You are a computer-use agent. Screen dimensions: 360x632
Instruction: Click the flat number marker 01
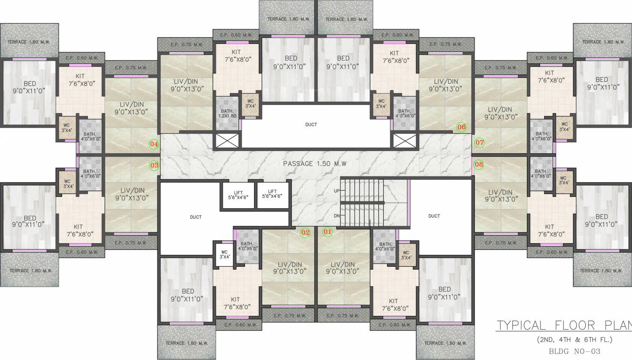tap(327, 232)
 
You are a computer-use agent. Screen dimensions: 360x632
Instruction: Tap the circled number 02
tap(305, 232)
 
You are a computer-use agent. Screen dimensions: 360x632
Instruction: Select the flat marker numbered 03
tap(154, 166)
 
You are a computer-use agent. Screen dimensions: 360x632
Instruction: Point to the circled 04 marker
tap(154, 143)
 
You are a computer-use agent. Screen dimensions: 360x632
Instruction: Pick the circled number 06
tap(461, 127)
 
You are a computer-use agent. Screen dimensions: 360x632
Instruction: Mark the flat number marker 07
tap(480, 142)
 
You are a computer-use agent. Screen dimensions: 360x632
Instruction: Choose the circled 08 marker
tap(479, 165)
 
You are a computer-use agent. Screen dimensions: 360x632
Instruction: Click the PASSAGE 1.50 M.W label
tap(315, 164)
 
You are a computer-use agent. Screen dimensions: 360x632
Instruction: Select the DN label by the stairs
tap(336, 216)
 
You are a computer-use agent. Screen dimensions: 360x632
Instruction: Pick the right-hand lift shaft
tap(272, 194)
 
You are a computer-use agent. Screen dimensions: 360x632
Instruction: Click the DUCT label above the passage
tap(311, 124)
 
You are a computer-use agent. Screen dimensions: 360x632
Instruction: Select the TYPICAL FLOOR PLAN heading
tap(563, 325)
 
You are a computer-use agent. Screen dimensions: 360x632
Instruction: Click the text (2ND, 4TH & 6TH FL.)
tap(574, 340)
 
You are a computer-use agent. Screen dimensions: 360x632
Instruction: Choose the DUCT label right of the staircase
tap(434, 216)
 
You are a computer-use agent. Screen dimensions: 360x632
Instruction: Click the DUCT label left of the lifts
tap(195, 217)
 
